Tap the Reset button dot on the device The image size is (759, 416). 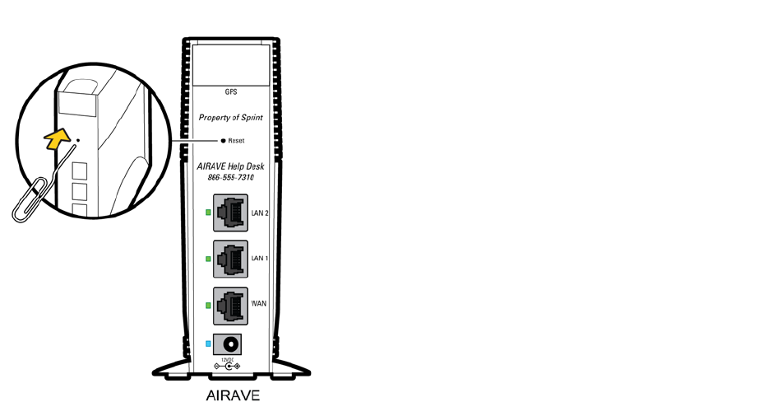tap(223, 141)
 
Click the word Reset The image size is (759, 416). tap(236, 141)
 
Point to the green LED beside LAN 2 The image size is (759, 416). tap(208, 213)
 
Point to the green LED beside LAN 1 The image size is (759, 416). tap(208, 259)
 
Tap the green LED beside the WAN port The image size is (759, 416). tap(208, 306)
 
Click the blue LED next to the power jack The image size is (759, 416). tap(208, 343)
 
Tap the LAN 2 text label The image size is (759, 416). tap(260, 213)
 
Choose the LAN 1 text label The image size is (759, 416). tap(260, 259)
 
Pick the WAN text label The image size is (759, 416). tap(258, 304)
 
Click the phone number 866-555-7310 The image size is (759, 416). tap(231, 178)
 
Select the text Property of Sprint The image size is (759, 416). tap(230, 118)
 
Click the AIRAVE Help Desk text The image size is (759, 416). tap(231, 166)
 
